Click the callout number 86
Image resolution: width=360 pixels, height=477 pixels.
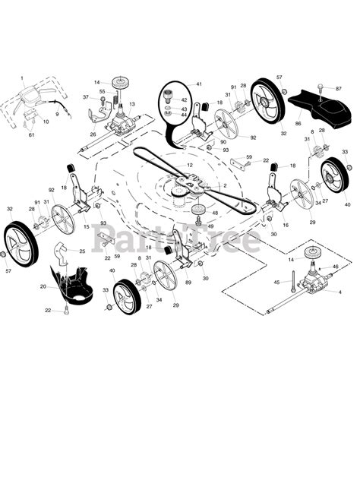[298, 122]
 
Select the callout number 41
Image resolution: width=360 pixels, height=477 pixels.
[199, 84]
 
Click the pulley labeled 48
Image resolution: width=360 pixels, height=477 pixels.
[199, 209]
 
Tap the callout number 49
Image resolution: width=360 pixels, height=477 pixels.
[210, 226]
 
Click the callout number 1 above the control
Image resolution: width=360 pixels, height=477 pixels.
[22, 78]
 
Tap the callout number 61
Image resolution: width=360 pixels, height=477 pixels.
[31, 135]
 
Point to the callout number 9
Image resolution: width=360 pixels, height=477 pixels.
[55, 114]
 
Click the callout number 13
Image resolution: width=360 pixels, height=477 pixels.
[131, 104]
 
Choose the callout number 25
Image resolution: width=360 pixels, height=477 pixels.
[82, 251]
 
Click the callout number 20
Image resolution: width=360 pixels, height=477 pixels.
[43, 286]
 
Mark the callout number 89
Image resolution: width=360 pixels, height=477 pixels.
[188, 283]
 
